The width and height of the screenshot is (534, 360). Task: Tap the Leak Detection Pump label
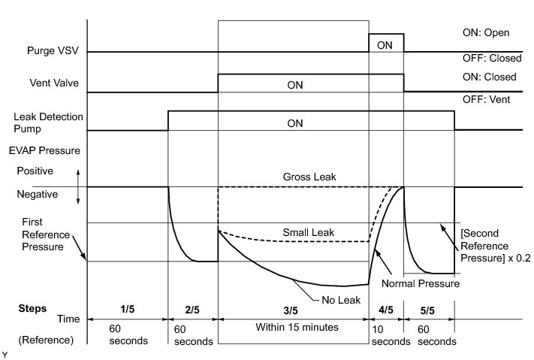(49, 123)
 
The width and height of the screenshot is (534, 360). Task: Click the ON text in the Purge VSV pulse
(385, 44)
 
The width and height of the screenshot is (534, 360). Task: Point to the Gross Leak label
(309, 177)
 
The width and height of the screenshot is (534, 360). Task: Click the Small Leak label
(308, 232)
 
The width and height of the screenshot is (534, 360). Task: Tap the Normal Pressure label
(420, 283)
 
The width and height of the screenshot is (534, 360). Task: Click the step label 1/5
(127, 309)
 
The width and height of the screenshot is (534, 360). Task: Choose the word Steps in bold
(32, 309)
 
